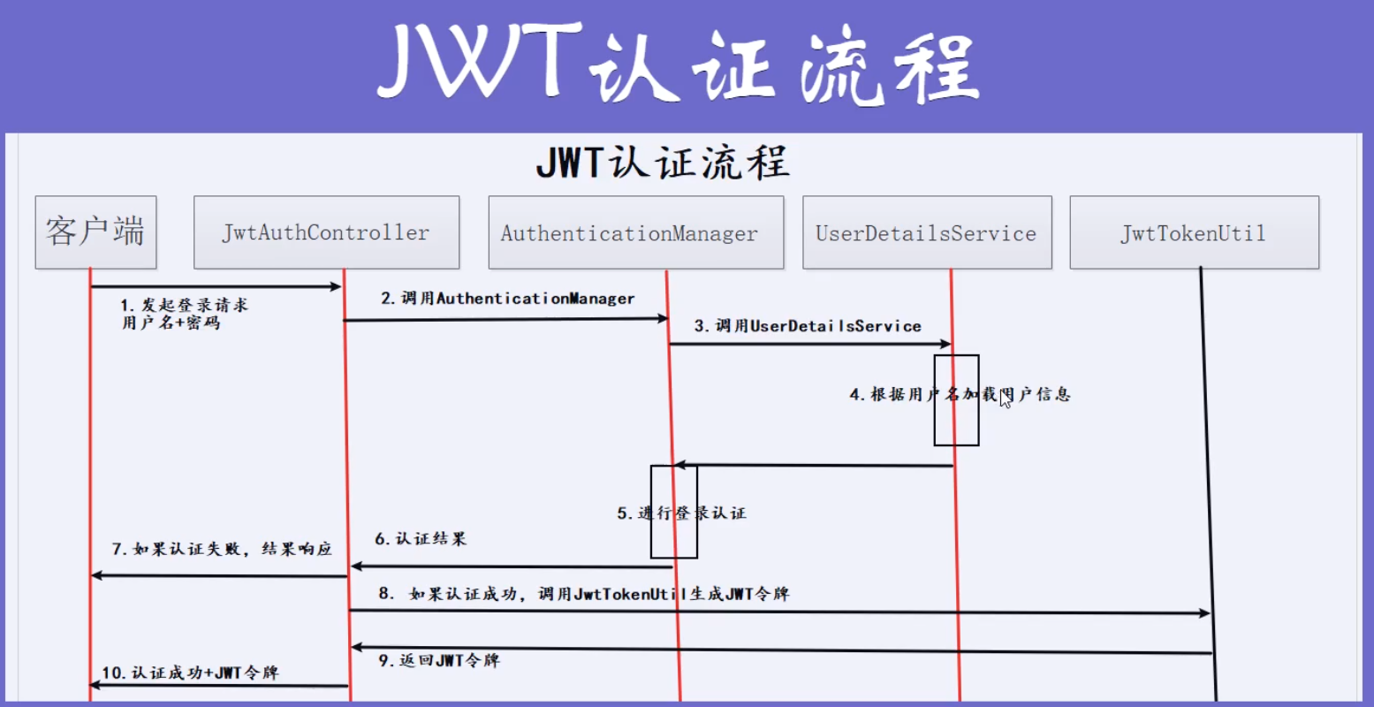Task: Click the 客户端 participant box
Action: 95,232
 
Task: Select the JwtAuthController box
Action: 326,232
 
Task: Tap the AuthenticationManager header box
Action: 635,233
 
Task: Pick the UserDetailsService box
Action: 926,233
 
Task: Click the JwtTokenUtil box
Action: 1194,233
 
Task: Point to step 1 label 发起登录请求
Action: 185,314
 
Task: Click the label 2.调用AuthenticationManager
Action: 508,299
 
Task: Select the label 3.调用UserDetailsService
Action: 808,326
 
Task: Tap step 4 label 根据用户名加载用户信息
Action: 960,394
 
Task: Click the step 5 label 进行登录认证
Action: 681,513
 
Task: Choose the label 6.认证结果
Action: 421,538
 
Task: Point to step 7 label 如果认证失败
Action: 222,549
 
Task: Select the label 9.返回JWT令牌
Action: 439,660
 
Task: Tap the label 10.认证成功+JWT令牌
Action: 190,673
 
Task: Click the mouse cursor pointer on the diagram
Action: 1006,399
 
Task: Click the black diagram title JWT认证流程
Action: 662,163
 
